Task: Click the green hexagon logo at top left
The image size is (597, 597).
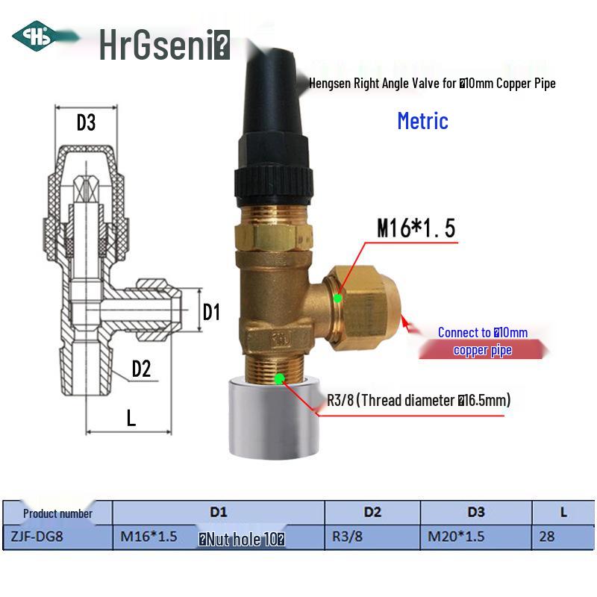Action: point(32,36)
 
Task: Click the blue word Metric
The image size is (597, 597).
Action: point(422,120)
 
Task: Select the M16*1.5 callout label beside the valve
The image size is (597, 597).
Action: point(416,228)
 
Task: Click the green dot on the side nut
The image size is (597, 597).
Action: point(337,298)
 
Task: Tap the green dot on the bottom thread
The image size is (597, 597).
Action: point(279,379)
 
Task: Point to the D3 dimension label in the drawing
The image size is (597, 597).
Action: point(86,122)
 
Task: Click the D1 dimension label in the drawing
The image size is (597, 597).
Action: point(212,312)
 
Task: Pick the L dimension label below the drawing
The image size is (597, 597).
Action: point(131,418)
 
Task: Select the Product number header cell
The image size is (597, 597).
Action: point(57,513)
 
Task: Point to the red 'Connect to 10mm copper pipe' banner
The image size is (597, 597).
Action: point(482,342)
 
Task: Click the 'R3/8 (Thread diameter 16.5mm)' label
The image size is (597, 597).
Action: point(419,400)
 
